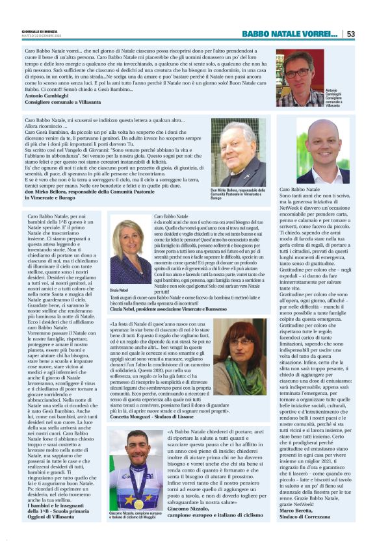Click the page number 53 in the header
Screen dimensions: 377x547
(350, 34)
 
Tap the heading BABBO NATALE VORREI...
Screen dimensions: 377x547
(289, 34)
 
